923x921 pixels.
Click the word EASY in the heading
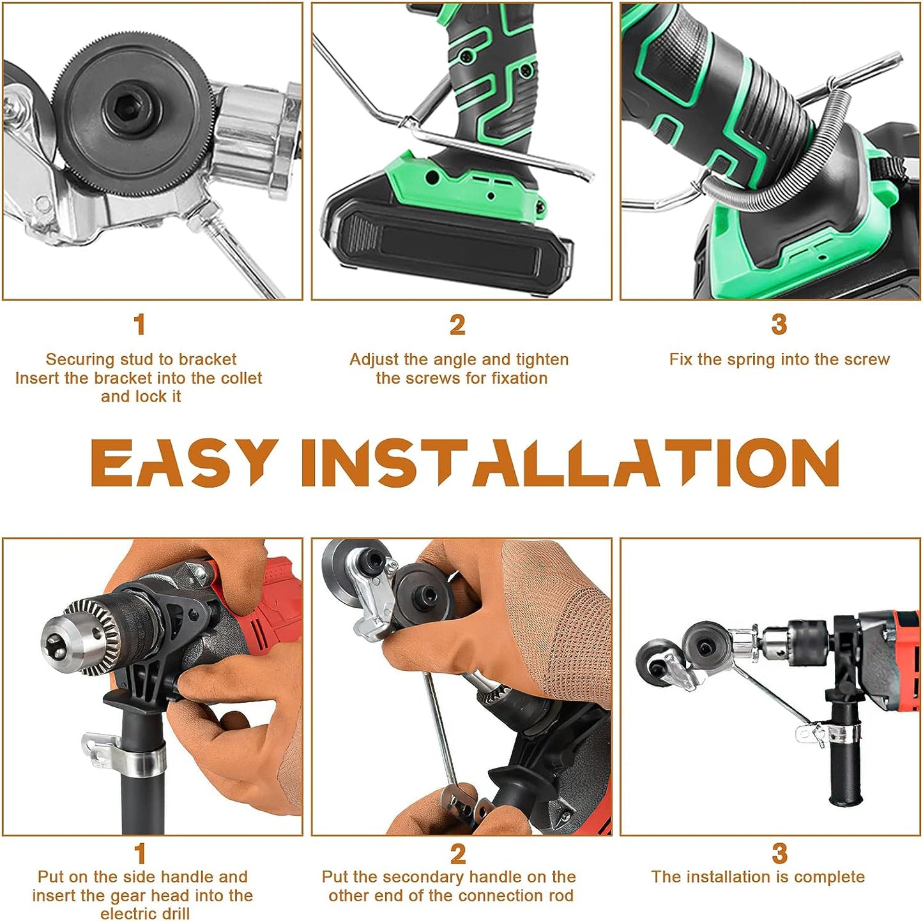(x=184, y=463)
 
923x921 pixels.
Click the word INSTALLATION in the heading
(x=570, y=463)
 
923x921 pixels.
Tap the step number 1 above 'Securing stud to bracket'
(x=139, y=325)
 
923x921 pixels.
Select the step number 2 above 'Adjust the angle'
(x=457, y=325)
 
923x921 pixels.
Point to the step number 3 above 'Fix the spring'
(x=779, y=325)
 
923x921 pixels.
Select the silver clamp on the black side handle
(x=125, y=753)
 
